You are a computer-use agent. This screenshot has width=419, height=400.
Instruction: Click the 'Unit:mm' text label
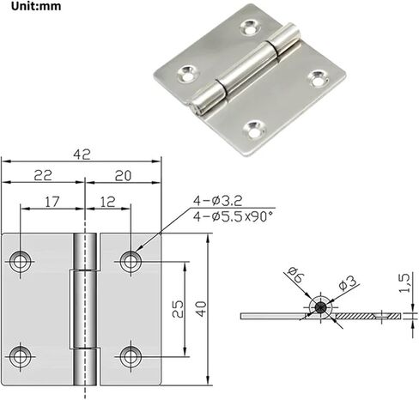(36, 6)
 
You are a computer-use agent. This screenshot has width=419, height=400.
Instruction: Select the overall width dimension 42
(82, 155)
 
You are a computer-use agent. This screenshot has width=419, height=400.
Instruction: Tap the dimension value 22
(43, 175)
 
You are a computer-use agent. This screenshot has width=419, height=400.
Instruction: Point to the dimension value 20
(123, 176)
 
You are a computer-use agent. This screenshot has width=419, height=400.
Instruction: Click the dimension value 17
(52, 202)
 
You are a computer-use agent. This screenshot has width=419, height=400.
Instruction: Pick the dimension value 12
(108, 202)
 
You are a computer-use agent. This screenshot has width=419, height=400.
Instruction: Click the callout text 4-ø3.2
(217, 201)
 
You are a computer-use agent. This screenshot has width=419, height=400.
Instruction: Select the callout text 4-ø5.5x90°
(233, 216)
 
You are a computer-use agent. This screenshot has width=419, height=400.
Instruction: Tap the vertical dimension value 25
(178, 309)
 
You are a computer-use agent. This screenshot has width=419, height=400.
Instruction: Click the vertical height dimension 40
(202, 309)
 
